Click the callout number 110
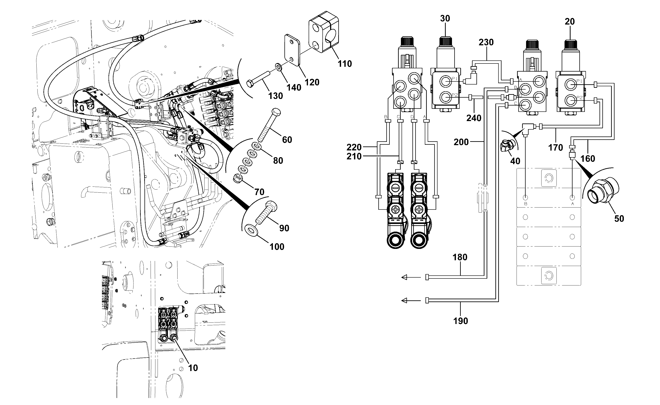[345, 64]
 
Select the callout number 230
[486, 42]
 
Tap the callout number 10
[193, 368]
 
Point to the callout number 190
[461, 321]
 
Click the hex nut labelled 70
[237, 178]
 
